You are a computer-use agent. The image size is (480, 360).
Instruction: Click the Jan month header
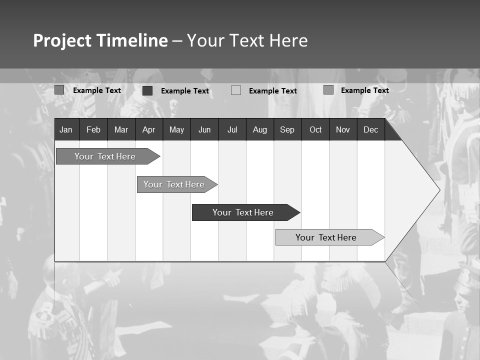66,129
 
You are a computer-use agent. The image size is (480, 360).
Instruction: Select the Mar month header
121,129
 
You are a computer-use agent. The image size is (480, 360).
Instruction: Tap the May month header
176,129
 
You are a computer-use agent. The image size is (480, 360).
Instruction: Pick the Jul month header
232,129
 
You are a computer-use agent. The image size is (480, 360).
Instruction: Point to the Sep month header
287,129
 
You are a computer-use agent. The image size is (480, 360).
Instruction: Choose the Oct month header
315,129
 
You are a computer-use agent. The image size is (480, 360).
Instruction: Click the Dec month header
370,129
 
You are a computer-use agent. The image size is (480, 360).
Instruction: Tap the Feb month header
93,129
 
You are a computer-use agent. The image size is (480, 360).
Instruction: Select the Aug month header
259,129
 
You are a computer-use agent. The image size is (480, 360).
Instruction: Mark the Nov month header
343,129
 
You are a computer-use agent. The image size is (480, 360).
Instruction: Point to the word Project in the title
61,40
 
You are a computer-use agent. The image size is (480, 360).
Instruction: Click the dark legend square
147,90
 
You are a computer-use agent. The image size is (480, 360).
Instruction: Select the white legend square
236,90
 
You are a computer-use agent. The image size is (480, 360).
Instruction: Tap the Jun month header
204,129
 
